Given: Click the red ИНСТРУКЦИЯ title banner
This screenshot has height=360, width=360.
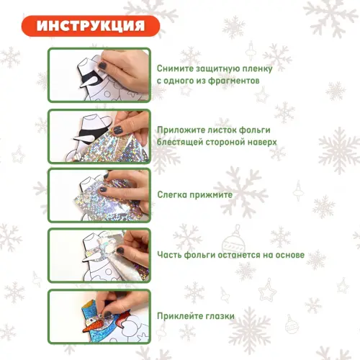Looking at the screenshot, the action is (91, 26).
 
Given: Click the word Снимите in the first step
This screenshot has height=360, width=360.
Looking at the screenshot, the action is (175, 68).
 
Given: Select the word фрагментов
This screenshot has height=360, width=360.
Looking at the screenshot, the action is (233, 81).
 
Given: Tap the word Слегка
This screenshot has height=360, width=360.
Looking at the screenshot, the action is (172, 194).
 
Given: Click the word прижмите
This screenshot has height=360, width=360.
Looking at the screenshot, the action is (211, 195).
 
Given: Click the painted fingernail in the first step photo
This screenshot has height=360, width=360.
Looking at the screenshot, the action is (103, 65).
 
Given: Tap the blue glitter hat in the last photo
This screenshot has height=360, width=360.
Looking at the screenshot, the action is (90, 311).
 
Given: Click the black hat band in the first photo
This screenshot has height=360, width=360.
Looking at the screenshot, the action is (91, 76).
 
